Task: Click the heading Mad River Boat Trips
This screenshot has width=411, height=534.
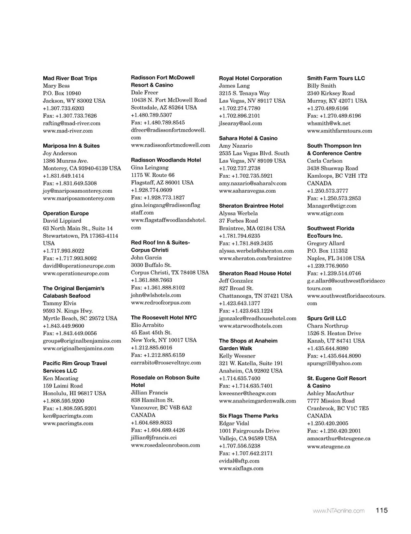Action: point(70,78)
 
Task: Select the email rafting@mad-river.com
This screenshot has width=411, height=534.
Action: point(71,123)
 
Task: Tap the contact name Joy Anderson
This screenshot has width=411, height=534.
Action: point(60,153)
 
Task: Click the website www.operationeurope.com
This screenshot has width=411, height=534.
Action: point(76,273)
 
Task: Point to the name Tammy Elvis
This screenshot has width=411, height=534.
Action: point(60,303)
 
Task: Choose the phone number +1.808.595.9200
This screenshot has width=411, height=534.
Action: point(63,401)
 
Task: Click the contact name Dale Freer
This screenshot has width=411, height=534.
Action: point(145,92)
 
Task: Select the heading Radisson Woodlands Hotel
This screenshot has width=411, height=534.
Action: point(166,160)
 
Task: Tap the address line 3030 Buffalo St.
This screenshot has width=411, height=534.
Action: point(151,265)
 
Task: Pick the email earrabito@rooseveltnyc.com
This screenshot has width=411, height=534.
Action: point(166,363)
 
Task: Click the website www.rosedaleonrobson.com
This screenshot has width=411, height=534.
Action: point(165,445)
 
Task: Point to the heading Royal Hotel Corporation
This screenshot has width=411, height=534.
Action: point(250,78)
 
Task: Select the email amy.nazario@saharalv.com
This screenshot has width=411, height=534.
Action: point(253,183)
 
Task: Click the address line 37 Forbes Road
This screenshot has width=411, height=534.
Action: point(238,221)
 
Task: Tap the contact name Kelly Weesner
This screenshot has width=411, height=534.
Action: point(237,356)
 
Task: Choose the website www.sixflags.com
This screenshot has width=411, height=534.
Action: point(241,468)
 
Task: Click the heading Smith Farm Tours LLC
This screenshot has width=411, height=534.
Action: point(336,78)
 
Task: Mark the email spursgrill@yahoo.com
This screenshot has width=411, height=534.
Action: point(334,363)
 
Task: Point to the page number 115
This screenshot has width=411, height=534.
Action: point(382,510)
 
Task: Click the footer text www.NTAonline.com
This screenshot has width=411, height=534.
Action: point(339,510)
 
